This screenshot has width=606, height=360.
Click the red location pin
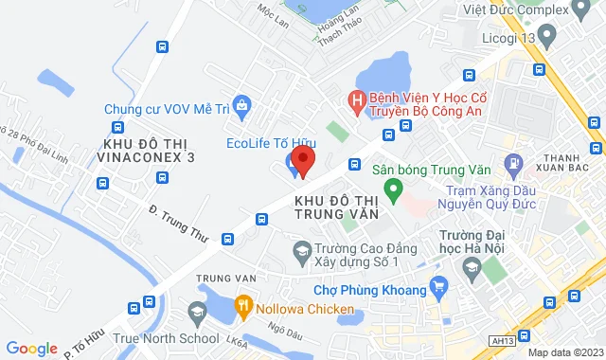(x=302, y=158)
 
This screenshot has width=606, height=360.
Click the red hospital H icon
(x=357, y=99)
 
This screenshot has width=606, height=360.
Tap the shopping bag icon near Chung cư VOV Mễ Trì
(x=242, y=104)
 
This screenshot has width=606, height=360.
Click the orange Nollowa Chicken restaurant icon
(x=242, y=306)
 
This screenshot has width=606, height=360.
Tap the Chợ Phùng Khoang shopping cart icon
(x=438, y=286)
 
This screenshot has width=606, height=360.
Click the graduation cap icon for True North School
(x=196, y=313)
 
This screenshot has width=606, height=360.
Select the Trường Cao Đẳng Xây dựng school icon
(x=302, y=251)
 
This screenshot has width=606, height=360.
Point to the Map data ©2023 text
(x=564, y=352)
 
